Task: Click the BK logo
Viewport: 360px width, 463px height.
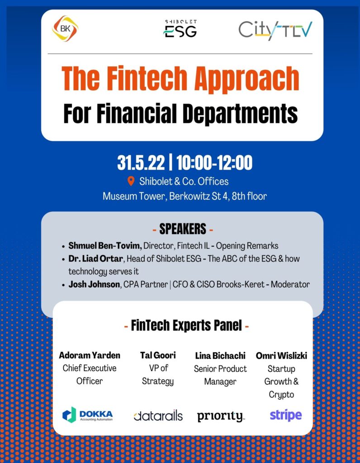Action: (x=65, y=28)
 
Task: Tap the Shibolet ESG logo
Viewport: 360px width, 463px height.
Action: (x=180, y=28)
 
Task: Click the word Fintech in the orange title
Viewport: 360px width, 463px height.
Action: (x=147, y=79)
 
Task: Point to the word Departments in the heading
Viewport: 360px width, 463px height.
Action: (x=240, y=113)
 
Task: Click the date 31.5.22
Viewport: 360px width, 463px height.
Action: (x=141, y=163)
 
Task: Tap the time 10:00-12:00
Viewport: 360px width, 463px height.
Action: (x=214, y=163)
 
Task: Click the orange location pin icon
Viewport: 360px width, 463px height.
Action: (x=131, y=181)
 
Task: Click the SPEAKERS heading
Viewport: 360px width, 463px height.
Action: (x=183, y=229)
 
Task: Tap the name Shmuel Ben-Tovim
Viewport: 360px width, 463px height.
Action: (x=105, y=246)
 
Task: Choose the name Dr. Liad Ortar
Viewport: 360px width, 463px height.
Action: (x=96, y=259)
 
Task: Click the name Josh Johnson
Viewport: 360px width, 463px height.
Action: (x=94, y=284)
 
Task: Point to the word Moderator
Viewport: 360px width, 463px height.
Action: (x=290, y=284)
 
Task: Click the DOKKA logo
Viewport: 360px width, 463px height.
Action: (x=88, y=415)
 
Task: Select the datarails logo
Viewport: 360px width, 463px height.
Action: (x=158, y=416)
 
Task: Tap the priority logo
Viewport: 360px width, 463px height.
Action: (x=220, y=416)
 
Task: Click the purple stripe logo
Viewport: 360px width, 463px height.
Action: (x=286, y=415)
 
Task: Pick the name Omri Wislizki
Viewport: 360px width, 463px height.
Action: (x=281, y=355)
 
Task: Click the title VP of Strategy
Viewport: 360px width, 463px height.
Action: (x=158, y=374)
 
